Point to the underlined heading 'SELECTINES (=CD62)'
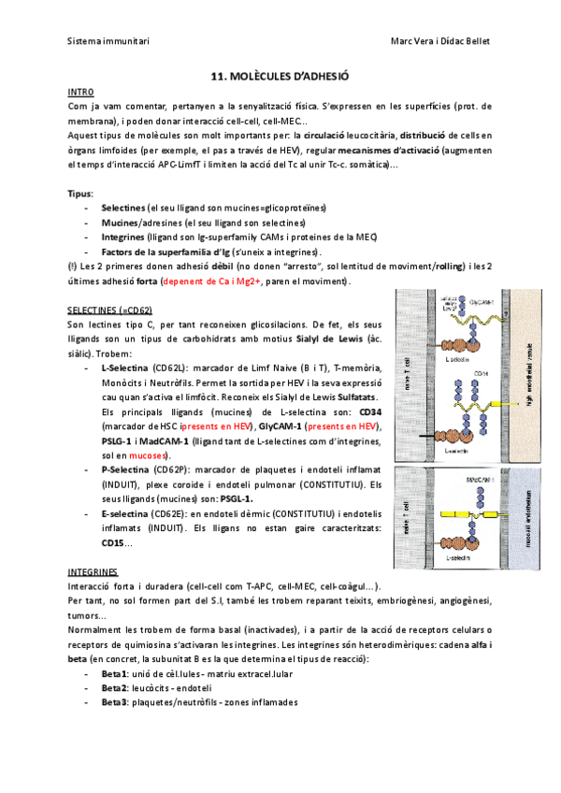coord(110,310)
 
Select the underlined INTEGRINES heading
coord(93,570)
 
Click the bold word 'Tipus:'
coord(81,192)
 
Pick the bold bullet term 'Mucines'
coord(120,223)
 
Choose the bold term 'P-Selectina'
coord(124,469)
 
